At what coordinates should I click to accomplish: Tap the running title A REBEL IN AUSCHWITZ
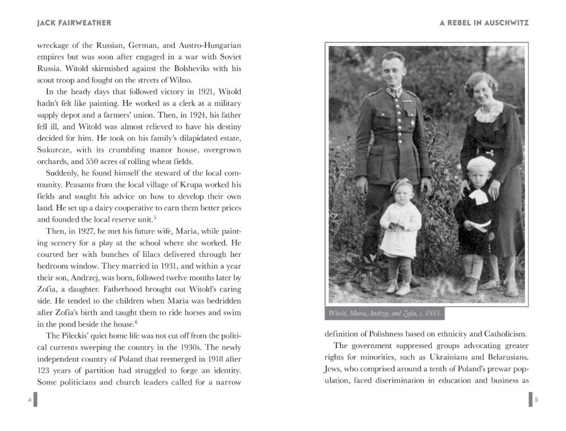tap(484, 23)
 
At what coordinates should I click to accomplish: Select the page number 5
tap(536, 400)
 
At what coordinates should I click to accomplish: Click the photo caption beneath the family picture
tap(385, 313)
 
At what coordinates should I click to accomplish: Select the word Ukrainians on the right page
tap(448, 359)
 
